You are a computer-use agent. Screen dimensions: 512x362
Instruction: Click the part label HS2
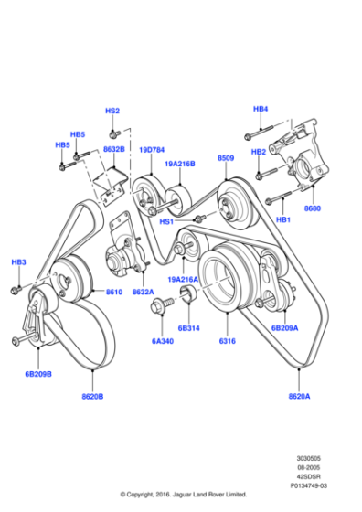click(112, 111)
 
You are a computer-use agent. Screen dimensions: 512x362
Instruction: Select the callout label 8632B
click(114, 148)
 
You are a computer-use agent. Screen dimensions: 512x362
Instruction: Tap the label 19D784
click(152, 150)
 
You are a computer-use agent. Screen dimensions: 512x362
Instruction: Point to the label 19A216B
click(180, 164)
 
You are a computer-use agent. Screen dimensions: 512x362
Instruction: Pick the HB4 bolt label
click(261, 109)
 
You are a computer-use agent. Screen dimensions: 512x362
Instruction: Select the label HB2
click(259, 151)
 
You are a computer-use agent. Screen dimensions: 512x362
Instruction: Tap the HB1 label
click(283, 219)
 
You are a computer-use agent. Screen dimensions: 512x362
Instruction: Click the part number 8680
click(314, 208)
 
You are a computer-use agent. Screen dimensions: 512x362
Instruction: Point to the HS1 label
click(167, 219)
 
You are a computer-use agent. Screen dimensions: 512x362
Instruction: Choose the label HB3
click(18, 262)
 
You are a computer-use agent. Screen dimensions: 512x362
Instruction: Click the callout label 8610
click(114, 292)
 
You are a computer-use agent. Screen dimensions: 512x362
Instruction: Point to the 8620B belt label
click(91, 397)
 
